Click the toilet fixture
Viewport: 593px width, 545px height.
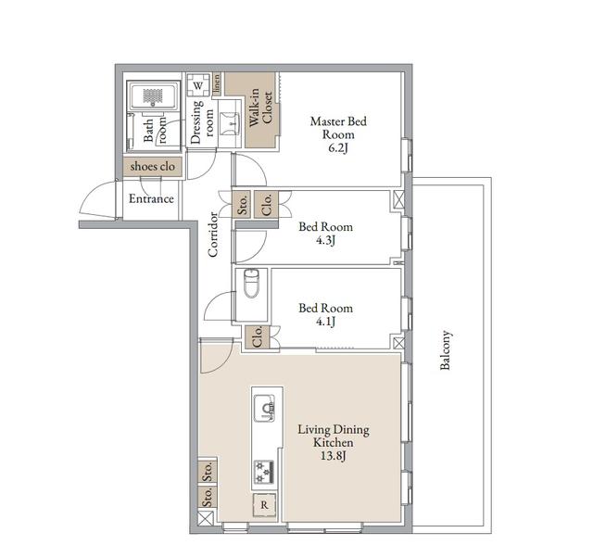251,284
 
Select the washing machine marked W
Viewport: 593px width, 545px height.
198,85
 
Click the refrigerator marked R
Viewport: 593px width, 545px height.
264,505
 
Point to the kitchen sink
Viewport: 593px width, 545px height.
264,408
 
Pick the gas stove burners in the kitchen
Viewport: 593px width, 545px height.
263,472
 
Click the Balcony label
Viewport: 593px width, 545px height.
446,349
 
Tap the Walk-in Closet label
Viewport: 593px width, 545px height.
261,108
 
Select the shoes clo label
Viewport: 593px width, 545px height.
152,167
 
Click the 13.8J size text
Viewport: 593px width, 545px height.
334,456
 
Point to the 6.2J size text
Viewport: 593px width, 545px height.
337,147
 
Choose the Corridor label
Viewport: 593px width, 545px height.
213,234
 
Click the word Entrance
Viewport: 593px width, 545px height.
151,199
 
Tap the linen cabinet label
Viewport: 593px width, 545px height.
217,83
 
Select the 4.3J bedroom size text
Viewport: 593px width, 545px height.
325,240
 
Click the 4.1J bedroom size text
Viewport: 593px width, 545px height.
325,321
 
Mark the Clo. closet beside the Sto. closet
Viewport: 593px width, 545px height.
266,204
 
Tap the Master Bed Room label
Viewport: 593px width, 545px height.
338,128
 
